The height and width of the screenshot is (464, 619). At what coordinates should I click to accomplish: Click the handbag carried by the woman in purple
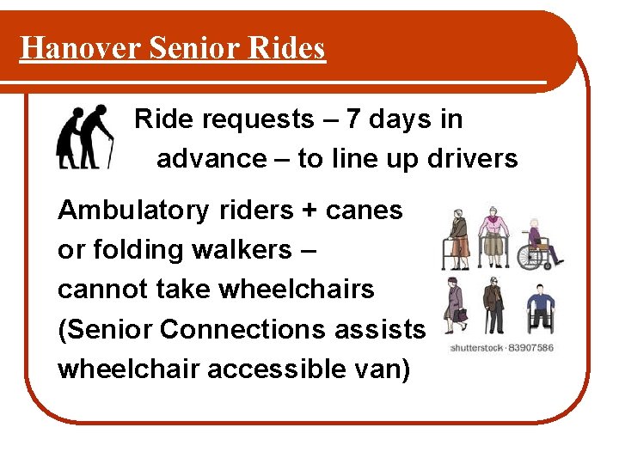click(x=461, y=314)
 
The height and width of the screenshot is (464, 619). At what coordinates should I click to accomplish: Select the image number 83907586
click(x=532, y=348)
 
